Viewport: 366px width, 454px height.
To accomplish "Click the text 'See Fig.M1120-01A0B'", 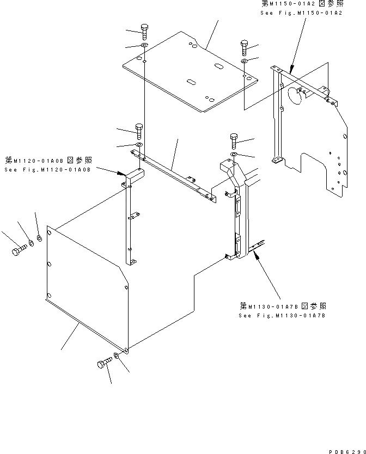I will coord(47,169).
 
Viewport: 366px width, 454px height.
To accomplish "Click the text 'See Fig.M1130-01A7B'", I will coord(283,315).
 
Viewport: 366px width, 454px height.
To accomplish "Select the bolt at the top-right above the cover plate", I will coord(244,47).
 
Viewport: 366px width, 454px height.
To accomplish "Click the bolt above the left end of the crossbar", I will coord(138,131).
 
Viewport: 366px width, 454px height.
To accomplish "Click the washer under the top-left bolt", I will coord(144,45).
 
